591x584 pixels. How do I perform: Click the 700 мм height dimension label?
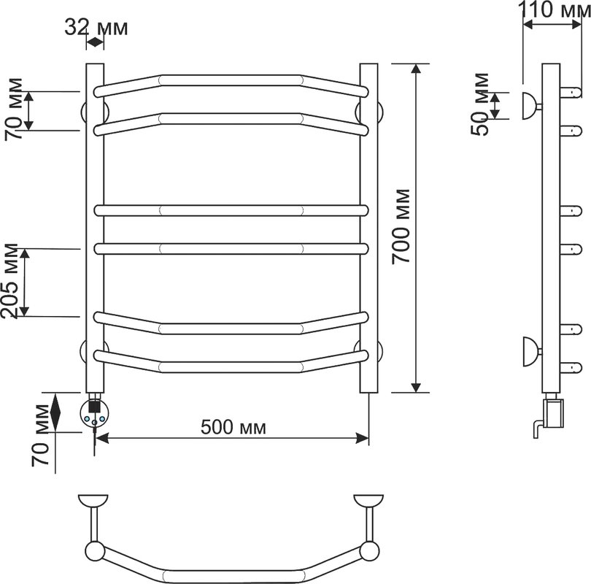tap(401, 226)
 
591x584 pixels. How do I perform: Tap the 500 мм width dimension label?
tap(233, 428)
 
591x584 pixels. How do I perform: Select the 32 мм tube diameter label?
tap(96, 28)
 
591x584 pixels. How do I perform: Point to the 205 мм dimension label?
tap(9, 281)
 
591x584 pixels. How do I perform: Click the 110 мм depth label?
tap(555, 9)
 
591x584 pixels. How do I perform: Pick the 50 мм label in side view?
tap(480, 104)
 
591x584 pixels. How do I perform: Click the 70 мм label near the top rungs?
tap(14, 109)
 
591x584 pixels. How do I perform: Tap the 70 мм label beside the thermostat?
tap(40, 435)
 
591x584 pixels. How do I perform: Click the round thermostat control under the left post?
tap(94, 414)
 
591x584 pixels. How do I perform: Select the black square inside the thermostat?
tap(94, 407)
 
